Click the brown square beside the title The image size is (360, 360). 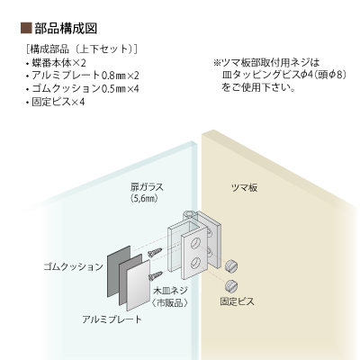point(26,28)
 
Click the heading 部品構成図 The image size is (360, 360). point(66,28)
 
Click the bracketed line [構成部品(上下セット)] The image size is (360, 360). point(82,49)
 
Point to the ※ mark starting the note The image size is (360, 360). point(217,63)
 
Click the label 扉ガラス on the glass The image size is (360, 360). point(147,187)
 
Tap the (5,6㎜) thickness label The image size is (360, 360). point(144,199)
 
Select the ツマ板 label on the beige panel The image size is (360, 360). point(244,188)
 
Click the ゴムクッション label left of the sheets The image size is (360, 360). point(74,266)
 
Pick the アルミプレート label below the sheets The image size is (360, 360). point(112,319)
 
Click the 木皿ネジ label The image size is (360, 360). point(171,291)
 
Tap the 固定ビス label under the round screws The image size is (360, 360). point(237,301)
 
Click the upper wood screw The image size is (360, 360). point(155,252)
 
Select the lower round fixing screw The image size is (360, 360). point(231,285)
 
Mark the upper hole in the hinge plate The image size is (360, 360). point(196,242)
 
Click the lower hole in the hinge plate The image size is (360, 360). point(196,263)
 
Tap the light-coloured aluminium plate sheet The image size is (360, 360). point(139,285)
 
